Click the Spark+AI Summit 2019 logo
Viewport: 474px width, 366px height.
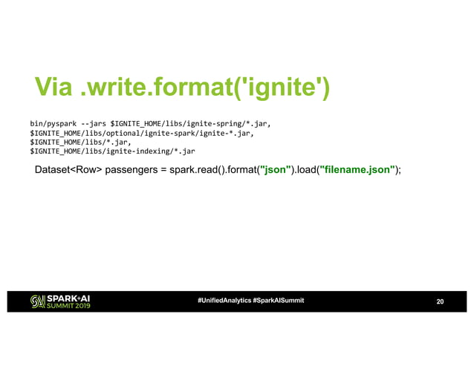[x=60, y=300]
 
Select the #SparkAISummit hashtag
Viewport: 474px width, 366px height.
[x=278, y=300]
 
